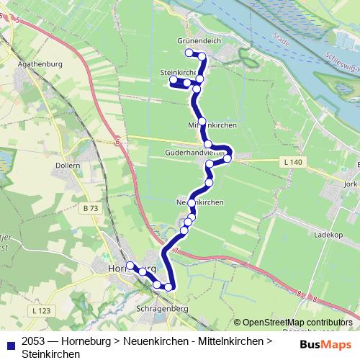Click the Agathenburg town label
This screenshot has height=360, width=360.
(42, 64)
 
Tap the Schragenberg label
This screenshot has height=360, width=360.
(163, 307)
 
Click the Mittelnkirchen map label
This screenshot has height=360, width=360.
(212, 125)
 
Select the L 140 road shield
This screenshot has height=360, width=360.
(293, 163)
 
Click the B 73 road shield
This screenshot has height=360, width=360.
(90, 208)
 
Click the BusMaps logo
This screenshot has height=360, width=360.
(325, 343)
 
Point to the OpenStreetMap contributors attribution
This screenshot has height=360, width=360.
(293, 323)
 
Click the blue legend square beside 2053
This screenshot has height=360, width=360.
(9, 343)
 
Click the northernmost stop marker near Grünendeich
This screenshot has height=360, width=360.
(189, 53)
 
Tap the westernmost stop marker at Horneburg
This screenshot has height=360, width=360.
(130, 266)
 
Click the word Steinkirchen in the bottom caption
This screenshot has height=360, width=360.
(51, 354)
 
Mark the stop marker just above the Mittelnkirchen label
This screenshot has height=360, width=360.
(202, 122)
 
